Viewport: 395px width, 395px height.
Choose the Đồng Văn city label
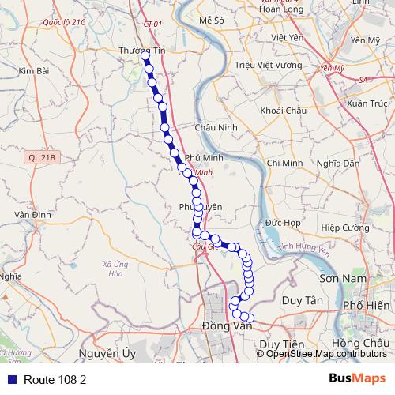pos(226,326)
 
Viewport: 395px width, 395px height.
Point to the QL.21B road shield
pos(43,157)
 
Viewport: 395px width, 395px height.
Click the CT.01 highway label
pos(152,24)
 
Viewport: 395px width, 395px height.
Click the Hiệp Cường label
pos(345,228)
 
